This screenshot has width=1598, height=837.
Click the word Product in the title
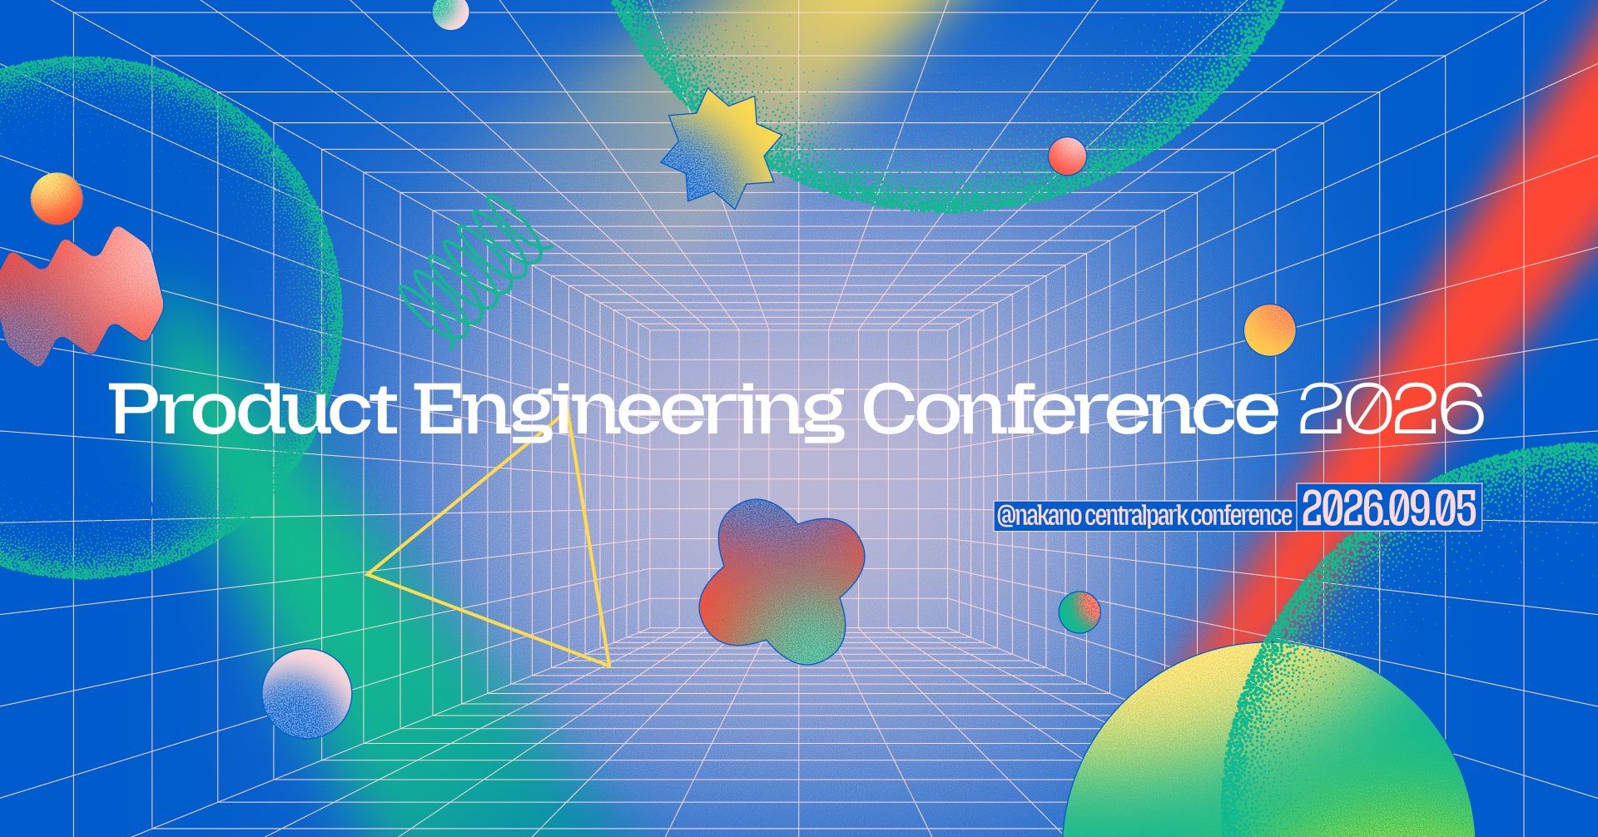[253, 409]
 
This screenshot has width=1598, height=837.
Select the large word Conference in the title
[1069, 409]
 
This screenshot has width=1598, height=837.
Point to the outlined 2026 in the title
[1391, 409]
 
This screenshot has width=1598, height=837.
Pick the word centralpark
[1136, 516]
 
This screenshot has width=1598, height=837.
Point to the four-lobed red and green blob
[782, 581]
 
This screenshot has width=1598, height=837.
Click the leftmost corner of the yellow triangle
[367, 573]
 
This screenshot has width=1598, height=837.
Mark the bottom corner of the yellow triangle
[609, 666]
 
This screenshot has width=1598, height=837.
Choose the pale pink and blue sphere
[307, 693]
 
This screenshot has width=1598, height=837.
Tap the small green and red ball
[1079, 612]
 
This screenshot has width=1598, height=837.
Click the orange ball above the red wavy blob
[57, 199]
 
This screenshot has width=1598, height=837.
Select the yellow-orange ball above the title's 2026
[1270, 330]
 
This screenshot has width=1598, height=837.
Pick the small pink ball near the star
[1067, 156]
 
